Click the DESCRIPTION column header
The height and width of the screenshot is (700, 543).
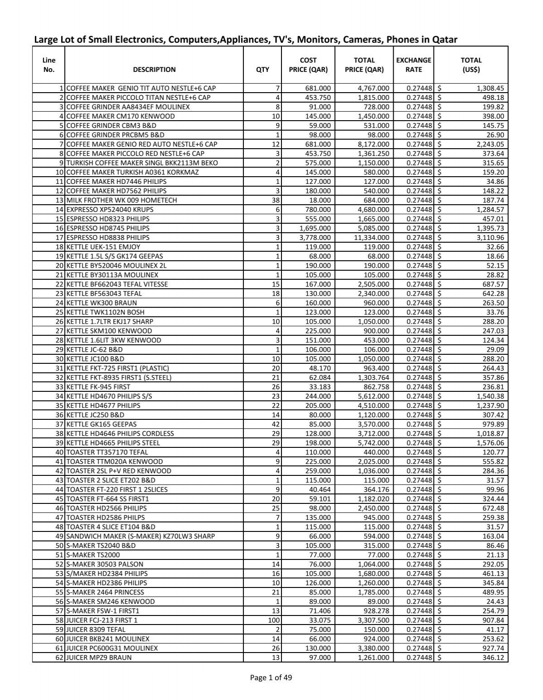click(x=154, y=70)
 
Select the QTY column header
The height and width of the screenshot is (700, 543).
click(x=262, y=70)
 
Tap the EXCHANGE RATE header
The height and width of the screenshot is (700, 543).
click(x=414, y=65)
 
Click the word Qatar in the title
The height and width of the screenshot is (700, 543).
click(x=445, y=40)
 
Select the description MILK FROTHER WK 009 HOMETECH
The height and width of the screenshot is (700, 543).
click(x=121, y=200)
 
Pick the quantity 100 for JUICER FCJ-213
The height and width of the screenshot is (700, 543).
click(x=274, y=620)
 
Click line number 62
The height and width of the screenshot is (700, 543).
click(x=58, y=658)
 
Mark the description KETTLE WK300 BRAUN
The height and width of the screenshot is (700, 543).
click(x=101, y=303)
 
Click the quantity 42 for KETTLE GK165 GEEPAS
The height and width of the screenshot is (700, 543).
click(x=276, y=424)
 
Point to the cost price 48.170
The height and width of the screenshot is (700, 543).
click(x=319, y=368)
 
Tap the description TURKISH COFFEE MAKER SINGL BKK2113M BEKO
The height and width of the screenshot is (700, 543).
click(x=142, y=163)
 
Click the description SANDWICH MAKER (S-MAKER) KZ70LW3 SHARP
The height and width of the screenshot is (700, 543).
click(x=140, y=536)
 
